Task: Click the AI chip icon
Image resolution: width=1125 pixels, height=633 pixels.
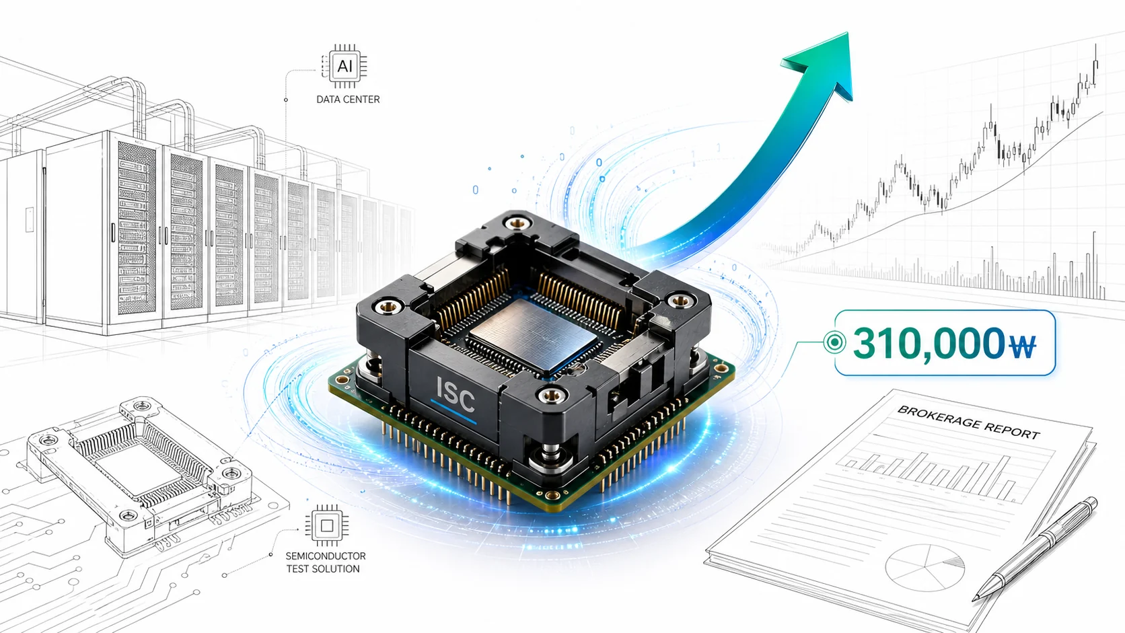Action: [x=344, y=67]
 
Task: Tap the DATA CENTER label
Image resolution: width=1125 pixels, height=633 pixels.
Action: [x=348, y=100]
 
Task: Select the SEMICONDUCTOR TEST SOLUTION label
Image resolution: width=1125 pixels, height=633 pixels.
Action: [x=326, y=562]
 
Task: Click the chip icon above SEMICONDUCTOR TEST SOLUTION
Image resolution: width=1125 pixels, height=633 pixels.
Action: [x=327, y=525]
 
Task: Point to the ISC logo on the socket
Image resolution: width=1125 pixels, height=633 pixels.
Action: [x=456, y=397]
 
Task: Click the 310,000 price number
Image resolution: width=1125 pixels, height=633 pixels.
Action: [x=929, y=343]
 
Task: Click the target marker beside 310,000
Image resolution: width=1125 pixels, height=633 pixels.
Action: [x=834, y=342]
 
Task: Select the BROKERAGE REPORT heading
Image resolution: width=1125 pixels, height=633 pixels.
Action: [x=968, y=422]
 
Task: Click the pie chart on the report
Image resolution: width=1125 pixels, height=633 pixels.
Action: [x=924, y=568]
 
